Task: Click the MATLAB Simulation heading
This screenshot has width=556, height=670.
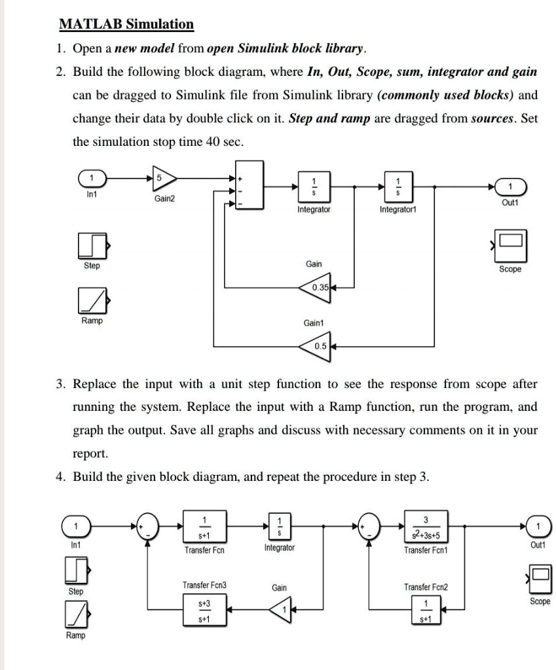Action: [126, 24]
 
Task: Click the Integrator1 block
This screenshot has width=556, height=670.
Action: [398, 186]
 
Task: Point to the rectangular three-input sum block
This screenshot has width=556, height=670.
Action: [249, 185]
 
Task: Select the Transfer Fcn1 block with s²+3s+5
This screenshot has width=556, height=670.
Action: [426, 527]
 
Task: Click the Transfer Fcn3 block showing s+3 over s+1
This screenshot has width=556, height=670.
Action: [204, 610]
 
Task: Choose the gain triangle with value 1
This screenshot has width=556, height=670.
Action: [280, 610]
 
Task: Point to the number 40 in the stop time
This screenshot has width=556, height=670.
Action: [213, 141]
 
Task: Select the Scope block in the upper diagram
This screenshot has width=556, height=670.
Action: [510, 245]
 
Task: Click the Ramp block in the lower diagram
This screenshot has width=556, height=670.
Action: [77, 614]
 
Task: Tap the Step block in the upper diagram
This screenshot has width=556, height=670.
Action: [92, 245]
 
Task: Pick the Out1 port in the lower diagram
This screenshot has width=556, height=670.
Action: [539, 527]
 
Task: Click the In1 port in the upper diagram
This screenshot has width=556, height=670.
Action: [92, 178]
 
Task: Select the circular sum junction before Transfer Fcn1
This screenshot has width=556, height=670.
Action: [369, 527]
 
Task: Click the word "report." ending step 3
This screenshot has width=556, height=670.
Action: [90, 454]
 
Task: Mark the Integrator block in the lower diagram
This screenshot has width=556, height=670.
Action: [280, 527]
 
